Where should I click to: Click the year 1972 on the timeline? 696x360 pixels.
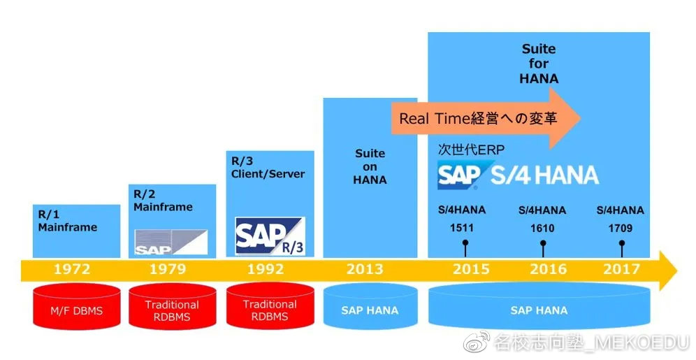pos(72,269)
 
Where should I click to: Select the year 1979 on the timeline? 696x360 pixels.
pos(168,269)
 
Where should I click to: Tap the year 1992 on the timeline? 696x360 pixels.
pos(266,269)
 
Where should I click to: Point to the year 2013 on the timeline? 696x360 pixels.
pos(365,269)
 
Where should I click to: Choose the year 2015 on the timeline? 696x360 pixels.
pos(472,269)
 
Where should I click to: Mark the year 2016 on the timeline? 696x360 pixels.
pos(548,269)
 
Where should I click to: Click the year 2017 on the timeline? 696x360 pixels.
pos(621,269)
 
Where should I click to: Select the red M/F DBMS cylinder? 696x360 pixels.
pos(76,307)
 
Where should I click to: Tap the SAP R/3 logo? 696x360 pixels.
pos(270,236)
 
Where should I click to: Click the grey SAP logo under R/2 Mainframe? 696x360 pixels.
pos(171,243)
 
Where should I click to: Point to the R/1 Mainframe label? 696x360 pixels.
pos(68,221)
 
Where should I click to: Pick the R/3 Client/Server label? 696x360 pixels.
pos(268,167)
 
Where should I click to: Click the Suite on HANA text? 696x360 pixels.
pos(370,166)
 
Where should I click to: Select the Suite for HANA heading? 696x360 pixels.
pos(539,64)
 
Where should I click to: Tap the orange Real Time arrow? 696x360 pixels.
pos(486,118)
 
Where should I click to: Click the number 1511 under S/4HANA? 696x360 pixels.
pos(462,228)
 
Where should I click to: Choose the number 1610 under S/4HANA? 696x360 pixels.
pos(542,228)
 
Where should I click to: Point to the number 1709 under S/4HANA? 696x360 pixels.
pos(620,228)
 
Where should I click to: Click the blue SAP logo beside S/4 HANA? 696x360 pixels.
pos(460,175)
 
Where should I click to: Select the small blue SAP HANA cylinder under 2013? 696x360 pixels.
pos(370,307)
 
